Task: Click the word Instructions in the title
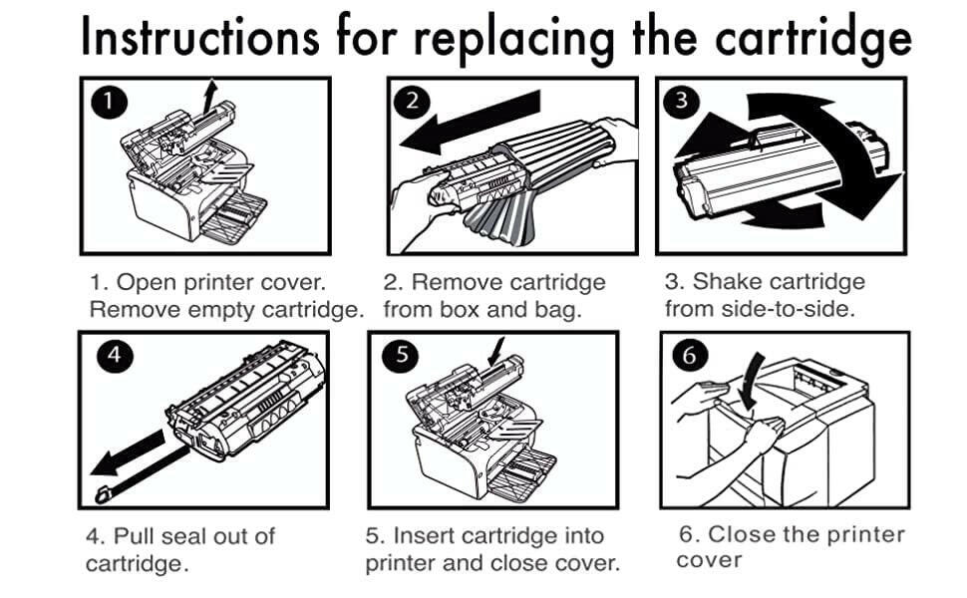point(199,37)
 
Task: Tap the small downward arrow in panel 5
point(495,354)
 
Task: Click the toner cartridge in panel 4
point(244,399)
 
